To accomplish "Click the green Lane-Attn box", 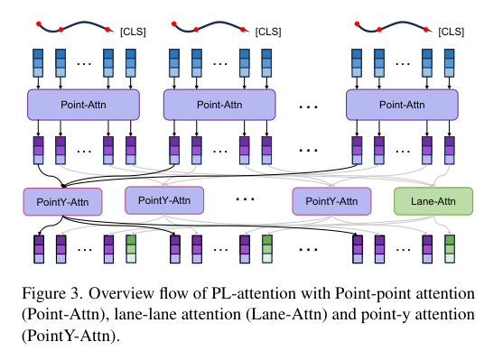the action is tap(433, 201).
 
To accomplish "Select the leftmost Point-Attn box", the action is tap(83, 105).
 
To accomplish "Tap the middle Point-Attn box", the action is tap(219, 105).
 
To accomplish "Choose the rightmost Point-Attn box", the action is tap(402, 105).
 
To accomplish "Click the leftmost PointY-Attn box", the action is tap(62, 202).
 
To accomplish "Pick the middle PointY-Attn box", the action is tap(164, 200).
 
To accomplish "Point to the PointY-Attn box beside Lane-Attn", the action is tap(331, 201).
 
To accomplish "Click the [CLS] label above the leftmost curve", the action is tap(133, 32).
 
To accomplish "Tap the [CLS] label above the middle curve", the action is tap(268, 32).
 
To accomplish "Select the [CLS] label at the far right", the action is tap(451, 32).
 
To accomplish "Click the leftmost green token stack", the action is tap(131, 249).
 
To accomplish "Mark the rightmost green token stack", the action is tap(450, 249).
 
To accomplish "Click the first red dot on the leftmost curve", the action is tap(39, 23).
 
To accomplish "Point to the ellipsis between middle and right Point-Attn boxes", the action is tap(308, 107).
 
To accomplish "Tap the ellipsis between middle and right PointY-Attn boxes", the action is tap(245, 199).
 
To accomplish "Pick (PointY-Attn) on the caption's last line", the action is tap(70, 336).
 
